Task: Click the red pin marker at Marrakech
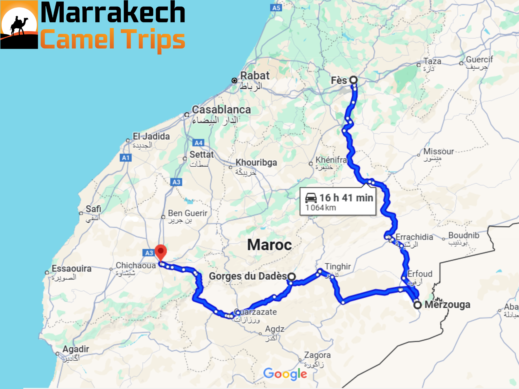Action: pyautogui.click(x=161, y=251)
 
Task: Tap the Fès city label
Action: pyautogui.click(x=339, y=81)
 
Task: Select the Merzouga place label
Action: pyautogui.click(x=447, y=304)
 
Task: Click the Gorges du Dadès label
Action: pyautogui.click(x=248, y=276)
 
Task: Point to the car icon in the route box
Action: pyautogui.click(x=311, y=198)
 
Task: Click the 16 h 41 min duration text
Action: pyautogui.click(x=346, y=198)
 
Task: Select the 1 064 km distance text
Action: pyautogui.click(x=321, y=208)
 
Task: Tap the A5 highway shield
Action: pyautogui.click(x=276, y=8)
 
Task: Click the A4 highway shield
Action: pyautogui.click(x=198, y=143)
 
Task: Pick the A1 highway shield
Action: pyautogui.click(x=126, y=158)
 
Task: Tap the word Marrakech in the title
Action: pyautogui.click(x=113, y=13)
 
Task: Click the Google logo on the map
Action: pyautogui.click(x=285, y=374)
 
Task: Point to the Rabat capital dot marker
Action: pyautogui.click(x=234, y=81)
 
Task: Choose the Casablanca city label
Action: pyautogui.click(x=221, y=110)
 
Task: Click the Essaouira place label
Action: pyautogui.click(x=71, y=268)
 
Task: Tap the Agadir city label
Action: pyautogui.click(x=76, y=349)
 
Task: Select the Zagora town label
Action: pyautogui.click(x=317, y=355)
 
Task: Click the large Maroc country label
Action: pyautogui.click(x=269, y=245)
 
